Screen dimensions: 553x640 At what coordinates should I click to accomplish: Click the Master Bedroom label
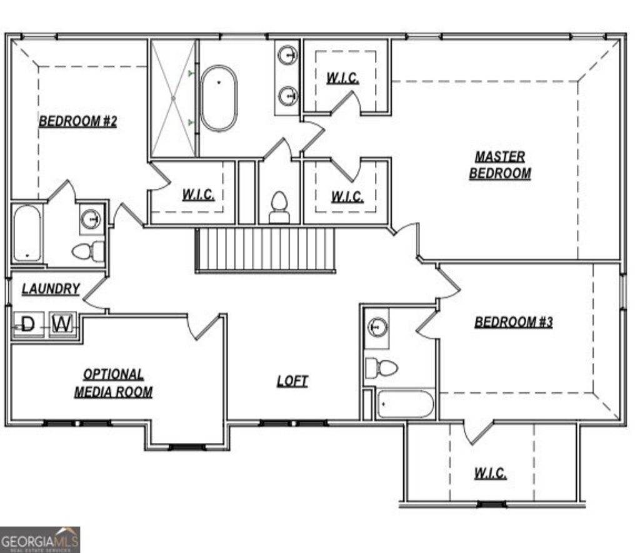pyautogui.click(x=499, y=165)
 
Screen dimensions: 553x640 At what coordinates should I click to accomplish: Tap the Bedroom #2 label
pyautogui.click(x=78, y=121)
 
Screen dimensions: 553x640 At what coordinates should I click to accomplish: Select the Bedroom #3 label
pyautogui.click(x=513, y=323)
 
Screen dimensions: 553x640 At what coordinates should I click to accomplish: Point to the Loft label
pyautogui.click(x=292, y=381)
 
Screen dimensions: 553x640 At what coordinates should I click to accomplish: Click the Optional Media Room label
pyautogui.click(x=113, y=383)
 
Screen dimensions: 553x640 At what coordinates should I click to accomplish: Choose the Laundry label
pyautogui.click(x=51, y=289)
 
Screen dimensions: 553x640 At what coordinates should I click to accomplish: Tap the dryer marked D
pyautogui.click(x=28, y=324)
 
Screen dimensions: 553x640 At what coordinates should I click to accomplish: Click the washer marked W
pyautogui.click(x=62, y=324)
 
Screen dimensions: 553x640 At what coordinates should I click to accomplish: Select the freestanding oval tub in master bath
pyautogui.click(x=219, y=98)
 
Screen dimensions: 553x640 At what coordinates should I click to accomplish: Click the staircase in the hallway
pyautogui.click(x=266, y=250)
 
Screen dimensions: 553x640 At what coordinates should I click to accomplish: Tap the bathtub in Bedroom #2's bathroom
pyautogui.click(x=27, y=233)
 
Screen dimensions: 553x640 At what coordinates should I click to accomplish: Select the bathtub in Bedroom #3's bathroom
pyautogui.click(x=406, y=404)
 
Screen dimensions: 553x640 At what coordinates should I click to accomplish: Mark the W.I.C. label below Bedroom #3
pyautogui.click(x=490, y=474)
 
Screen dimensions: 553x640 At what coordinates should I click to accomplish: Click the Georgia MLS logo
pyautogui.click(x=40, y=539)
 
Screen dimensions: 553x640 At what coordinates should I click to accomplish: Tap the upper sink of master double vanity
pyautogui.click(x=288, y=55)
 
